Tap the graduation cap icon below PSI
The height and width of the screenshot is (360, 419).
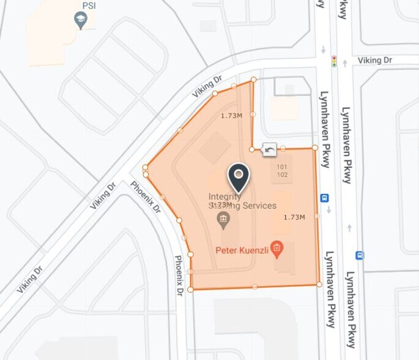pos(80,21)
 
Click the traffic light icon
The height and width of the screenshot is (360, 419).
pos(334,61)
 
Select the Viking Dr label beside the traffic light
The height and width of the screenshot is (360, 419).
pos(374,61)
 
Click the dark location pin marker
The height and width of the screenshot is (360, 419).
pos(239,178)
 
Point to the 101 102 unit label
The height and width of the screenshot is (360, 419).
pos(282,171)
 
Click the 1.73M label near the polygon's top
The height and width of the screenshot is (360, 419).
pos(231,116)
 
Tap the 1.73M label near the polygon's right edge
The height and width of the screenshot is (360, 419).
pos(294,217)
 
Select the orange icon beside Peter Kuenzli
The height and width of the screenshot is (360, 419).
pos(277,249)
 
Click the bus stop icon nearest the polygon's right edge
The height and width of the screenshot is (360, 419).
pos(324,198)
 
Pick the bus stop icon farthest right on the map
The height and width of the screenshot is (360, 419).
pos(360,255)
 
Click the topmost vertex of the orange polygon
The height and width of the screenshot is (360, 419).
pos(253,80)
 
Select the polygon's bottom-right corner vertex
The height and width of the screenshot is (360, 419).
pos(319,284)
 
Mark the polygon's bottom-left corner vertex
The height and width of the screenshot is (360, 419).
pos(191,289)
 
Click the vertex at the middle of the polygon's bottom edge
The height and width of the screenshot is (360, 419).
pos(254,287)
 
